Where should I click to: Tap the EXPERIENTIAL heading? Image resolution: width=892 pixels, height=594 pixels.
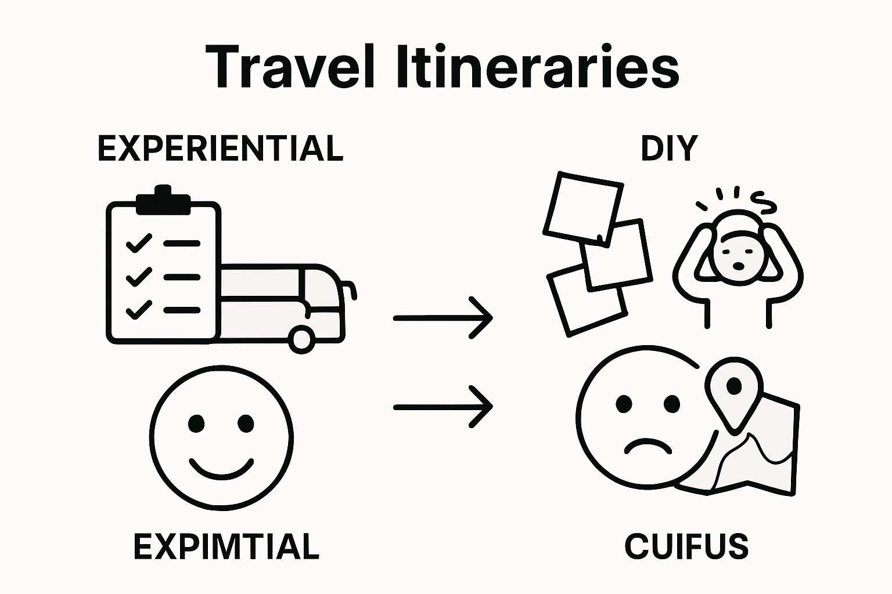coord(220,148)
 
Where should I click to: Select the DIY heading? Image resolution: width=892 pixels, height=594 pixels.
coord(668,148)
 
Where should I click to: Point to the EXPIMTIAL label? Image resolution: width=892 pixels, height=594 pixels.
coord(226,546)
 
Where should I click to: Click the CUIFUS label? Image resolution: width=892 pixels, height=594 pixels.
coord(686,546)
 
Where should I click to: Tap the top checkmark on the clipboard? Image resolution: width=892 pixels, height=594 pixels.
coord(138,243)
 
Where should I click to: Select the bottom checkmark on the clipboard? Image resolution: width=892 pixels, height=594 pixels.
coord(138,310)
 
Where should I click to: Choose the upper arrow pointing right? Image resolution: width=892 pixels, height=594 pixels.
coord(443,318)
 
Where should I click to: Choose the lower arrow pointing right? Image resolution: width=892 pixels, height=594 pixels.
coord(443,407)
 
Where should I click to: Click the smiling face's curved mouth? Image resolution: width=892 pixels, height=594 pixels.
coord(222,468)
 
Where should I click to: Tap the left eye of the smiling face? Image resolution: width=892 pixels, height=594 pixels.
coord(196,423)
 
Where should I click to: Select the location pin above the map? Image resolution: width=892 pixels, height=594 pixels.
coord(734,387)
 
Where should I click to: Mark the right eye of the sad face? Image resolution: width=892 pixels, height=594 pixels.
coord(672,403)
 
